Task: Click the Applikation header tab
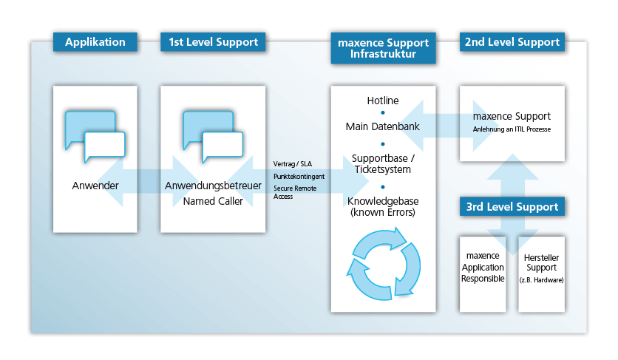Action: pyautogui.click(x=95, y=42)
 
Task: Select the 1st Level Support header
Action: pyautogui.click(x=213, y=42)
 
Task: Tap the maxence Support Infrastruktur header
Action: pyautogui.click(x=383, y=48)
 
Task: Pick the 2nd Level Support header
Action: pyautogui.click(x=512, y=42)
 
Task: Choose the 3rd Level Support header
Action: pyautogui.click(x=512, y=207)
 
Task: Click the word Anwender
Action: pyautogui.click(x=95, y=186)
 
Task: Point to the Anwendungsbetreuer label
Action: pyautogui.click(x=213, y=186)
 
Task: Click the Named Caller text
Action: pyautogui.click(x=213, y=200)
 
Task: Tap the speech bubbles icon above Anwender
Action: pyautogui.click(x=95, y=136)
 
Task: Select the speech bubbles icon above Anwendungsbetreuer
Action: pyautogui.click(x=213, y=136)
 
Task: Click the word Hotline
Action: pyautogui.click(x=383, y=101)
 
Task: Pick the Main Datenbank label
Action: pyautogui.click(x=383, y=126)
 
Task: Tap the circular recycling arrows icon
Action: pyautogui.click(x=383, y=264)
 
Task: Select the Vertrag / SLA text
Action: pyautogui.click(x=293, y=164)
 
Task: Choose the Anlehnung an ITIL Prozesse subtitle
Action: pyautogui.click(x=512, y=130)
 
